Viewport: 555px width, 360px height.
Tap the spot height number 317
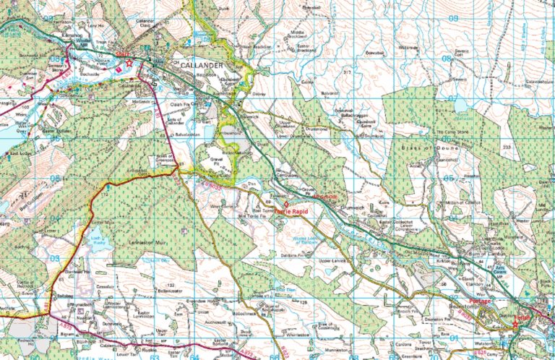[347, 72]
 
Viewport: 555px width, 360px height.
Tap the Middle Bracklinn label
[295, 33]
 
